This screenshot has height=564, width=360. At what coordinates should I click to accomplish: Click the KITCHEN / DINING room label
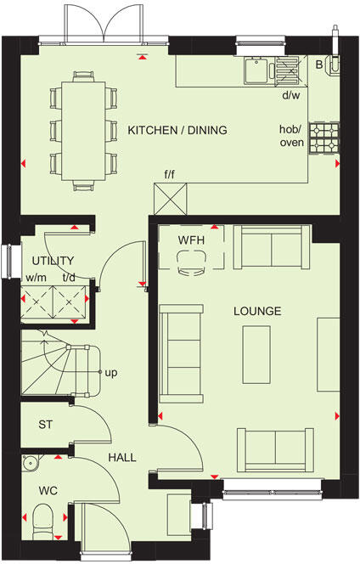click(x=177, y=130)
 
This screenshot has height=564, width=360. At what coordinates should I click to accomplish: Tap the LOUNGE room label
click(x=257, y=312)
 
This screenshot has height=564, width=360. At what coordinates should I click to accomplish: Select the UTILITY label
click(x=53, y=261)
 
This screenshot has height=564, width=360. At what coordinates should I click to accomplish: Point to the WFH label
click(x=191, y=240)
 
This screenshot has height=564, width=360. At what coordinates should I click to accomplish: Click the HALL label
click(x=121, y=457)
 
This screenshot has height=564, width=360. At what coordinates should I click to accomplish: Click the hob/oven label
click(x=292, y=135)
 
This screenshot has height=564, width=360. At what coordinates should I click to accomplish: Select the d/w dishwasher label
click(x=290, y=94)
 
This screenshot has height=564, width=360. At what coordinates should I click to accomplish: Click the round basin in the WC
click(x=31, y=463)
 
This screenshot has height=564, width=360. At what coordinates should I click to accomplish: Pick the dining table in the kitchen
click(x=83, y=129)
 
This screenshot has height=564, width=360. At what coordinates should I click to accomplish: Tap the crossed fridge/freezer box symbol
click(x=170, y=200)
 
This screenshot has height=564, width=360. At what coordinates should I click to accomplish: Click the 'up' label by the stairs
click(x=110, y=372)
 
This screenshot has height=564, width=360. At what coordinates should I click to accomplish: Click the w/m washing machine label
click(x=36, y=277)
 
